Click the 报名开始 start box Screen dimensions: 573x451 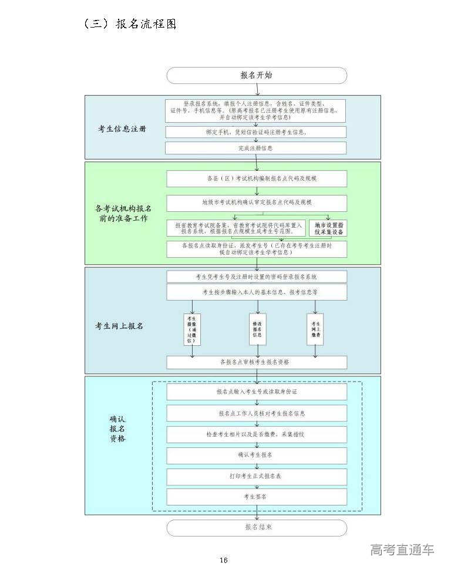(x=257, y=75)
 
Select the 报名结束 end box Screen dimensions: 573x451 (x=257, y=527)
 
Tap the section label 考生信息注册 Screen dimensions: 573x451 (x=122, y=129)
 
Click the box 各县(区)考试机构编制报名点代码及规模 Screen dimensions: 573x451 (x=257, y=178)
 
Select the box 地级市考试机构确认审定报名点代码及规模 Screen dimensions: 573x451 (x=257, y=203)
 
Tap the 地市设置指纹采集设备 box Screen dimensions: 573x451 (x=328, y=228)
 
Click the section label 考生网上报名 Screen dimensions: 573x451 (x=119, y=326)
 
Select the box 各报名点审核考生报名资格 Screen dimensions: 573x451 (x=257, y=362)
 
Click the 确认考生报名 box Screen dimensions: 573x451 (x=257, y=455)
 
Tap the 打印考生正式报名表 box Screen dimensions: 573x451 (x=257, y=476)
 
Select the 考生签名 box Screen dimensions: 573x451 (x=257, y=497)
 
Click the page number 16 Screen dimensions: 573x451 (x=224, y=560)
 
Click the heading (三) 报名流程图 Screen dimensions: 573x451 (x=130, y=24)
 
